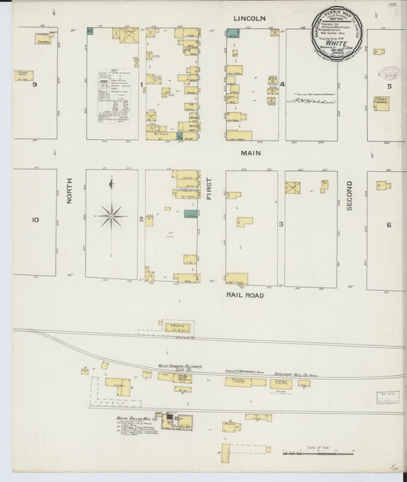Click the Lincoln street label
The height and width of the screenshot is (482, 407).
pyautogui.click(x=250, y=17)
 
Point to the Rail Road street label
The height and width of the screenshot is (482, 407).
pyautogui.click(x=244, y=293)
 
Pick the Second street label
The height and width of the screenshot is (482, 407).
pyautogui.click(x=350, y=196)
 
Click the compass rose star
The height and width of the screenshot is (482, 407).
pyautogui.click(x=111, y=215)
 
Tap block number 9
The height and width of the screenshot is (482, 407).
pyautogui.click(x=34, y=84)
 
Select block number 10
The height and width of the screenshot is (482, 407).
pyautogui.click(x=34, y=220)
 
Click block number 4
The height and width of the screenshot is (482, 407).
pyautogui.click(x=282, y=84)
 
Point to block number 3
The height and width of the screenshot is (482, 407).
pyautogui.click(x=281, y=224)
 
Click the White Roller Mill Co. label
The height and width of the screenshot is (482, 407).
pyautogui.click(x=137, y=419)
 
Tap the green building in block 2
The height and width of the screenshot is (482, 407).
pyautogui.click(x=191, y=214)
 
